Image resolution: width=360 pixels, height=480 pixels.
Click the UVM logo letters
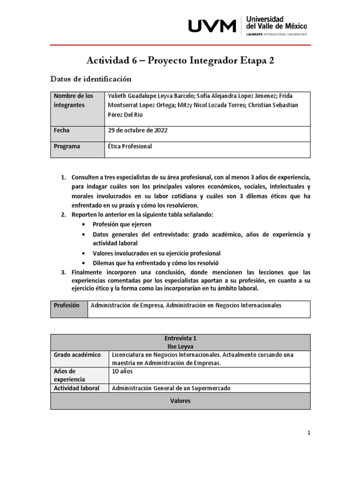[x=212, y=26]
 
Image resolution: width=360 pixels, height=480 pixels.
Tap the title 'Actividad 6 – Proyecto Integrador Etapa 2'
[x=180, y=60]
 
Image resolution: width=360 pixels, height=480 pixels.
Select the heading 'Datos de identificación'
[x=90, y=79]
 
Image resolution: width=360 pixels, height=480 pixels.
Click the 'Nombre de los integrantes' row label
[x=74, y=100]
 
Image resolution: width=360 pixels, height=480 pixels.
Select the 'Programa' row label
[x=67, y=146]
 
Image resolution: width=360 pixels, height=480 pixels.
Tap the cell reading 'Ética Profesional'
[x=130, y=146]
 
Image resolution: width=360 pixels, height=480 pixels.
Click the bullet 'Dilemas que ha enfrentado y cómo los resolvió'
[x=156, y=263]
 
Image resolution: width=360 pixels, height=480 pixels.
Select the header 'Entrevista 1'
[x=180, y=338]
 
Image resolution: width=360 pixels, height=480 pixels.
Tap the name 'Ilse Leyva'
[x=180, y=346]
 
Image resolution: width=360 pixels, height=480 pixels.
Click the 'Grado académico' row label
[x=77, y=355]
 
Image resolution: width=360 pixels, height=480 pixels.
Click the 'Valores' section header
[x=180, y=401]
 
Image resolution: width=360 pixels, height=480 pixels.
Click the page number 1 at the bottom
[x=309, y=433]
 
